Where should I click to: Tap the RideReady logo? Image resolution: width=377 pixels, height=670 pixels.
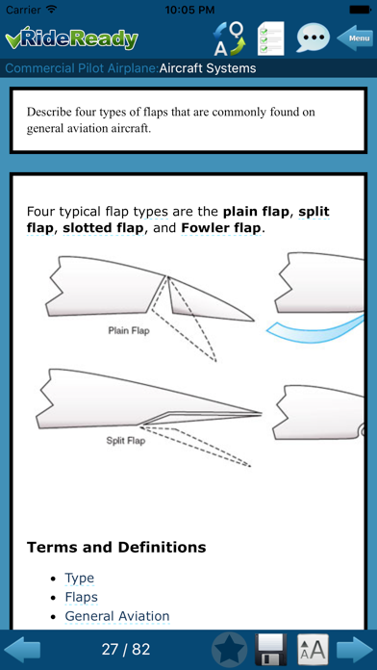[72, 39]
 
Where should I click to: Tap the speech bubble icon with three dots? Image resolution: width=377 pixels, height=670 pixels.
[313, 38]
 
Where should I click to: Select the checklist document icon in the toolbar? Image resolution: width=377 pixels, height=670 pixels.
[270, 39]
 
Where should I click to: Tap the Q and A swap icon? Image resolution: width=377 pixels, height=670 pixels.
[229, 39]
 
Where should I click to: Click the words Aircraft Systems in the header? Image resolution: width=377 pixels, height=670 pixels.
[208, 68]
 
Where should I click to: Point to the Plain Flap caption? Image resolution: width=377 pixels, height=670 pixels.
[129, 330]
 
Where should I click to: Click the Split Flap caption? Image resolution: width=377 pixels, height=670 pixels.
[126, 441]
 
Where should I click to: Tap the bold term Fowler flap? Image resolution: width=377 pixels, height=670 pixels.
[221, 228]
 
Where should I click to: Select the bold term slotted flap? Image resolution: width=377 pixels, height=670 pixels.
[103, 228]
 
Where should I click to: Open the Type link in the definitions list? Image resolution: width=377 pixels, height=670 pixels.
[80, 579]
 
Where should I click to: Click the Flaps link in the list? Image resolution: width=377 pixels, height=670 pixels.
[81, 597]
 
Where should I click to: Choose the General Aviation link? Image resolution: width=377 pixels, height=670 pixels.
[117, 616]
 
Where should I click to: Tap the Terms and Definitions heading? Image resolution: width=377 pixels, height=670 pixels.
[116, 547]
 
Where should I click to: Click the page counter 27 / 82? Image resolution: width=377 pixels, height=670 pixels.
[126, 650]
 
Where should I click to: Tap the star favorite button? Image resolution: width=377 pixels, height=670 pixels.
[229, 650]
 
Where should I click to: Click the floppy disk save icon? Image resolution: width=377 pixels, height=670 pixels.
[270, 650]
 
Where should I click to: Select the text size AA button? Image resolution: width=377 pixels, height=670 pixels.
[313, 650]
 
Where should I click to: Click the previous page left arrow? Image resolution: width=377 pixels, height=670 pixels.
[22, 650]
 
